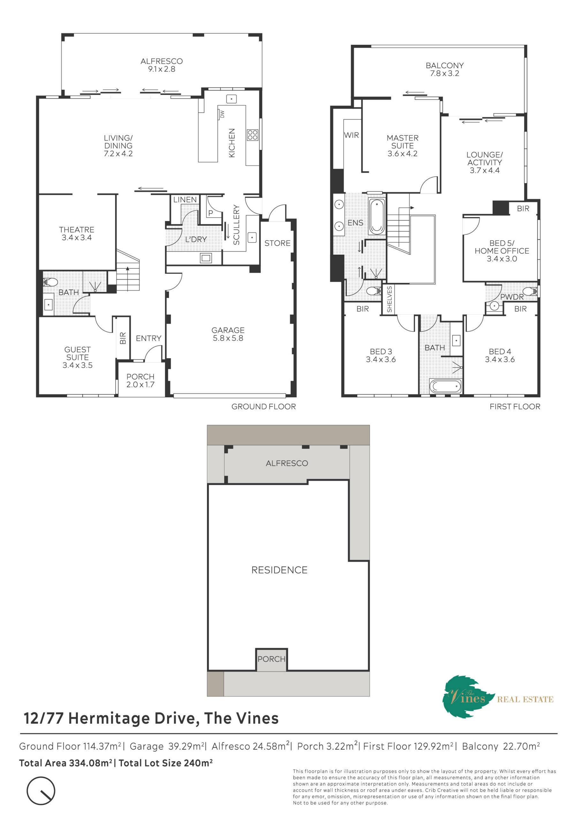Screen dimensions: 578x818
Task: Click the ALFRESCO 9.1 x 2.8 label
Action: pos(161,65)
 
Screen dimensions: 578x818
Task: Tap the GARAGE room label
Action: pos(228,334)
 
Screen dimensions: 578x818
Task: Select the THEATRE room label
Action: pos(77,233)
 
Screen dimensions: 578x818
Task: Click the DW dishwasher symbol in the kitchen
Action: pos(221,114)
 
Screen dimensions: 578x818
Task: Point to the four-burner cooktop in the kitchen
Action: pos(253,135)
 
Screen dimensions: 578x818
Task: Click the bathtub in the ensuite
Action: pos(377,217)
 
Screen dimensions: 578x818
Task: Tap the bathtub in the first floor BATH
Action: pos(445,387)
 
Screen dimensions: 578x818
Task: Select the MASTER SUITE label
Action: pos(402,146)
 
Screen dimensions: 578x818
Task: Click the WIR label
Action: pos(351,135)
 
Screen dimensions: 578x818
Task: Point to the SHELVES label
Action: pos(389,299)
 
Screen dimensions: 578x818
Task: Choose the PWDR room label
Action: pos(512,297)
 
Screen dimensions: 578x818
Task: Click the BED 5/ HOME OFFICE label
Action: pos(502,251)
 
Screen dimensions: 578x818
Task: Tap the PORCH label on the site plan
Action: pos(271,659)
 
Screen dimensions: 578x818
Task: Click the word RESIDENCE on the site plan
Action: pos(279,570)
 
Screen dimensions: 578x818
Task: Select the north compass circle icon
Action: pos(41,791)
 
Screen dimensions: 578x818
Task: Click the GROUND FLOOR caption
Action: pos(263,406)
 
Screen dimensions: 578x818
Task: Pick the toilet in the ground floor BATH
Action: pos(50,282)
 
